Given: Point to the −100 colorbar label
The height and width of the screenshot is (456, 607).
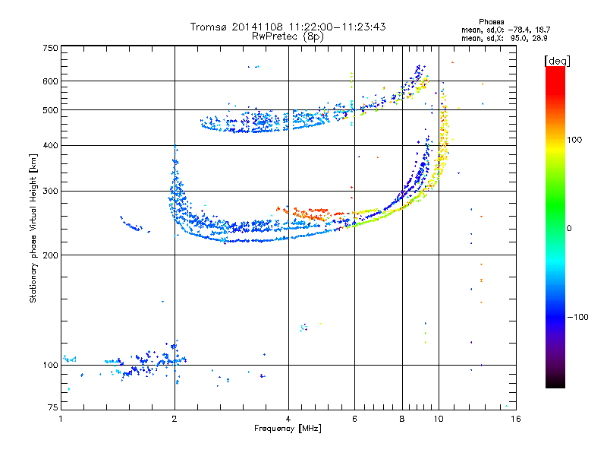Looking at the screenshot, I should pos(579,317).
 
